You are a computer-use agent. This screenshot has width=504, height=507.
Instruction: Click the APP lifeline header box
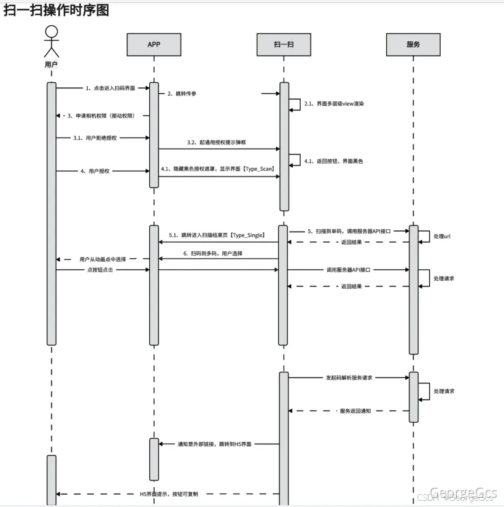click(x=154, y=44)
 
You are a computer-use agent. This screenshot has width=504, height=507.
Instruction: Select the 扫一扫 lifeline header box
click(x=284, y=44)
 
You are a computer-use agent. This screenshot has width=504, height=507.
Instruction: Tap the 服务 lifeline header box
click(x=413, y=44)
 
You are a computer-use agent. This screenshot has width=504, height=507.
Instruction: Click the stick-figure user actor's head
click(x=52, y=31)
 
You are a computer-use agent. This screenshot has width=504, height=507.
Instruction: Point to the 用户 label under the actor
click(x=52, y=63)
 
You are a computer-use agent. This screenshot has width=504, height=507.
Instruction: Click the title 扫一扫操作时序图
click(x=56, y=10)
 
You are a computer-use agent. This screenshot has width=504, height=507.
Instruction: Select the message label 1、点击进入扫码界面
click(x=110, y=88)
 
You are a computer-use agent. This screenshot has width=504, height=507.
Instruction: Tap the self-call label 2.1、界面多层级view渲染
click(x=335, y=104)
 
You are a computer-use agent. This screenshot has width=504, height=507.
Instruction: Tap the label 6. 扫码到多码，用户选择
click(x=212, y=253)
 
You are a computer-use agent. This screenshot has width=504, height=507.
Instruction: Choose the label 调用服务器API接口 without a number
click(x=348, y=269)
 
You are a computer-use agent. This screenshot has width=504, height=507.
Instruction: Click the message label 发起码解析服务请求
click(x=349, y=377)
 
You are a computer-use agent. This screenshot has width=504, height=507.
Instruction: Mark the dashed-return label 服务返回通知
click(x=355, y=411)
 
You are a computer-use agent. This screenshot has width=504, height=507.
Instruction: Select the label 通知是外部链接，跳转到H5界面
click(x=214, y=444)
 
